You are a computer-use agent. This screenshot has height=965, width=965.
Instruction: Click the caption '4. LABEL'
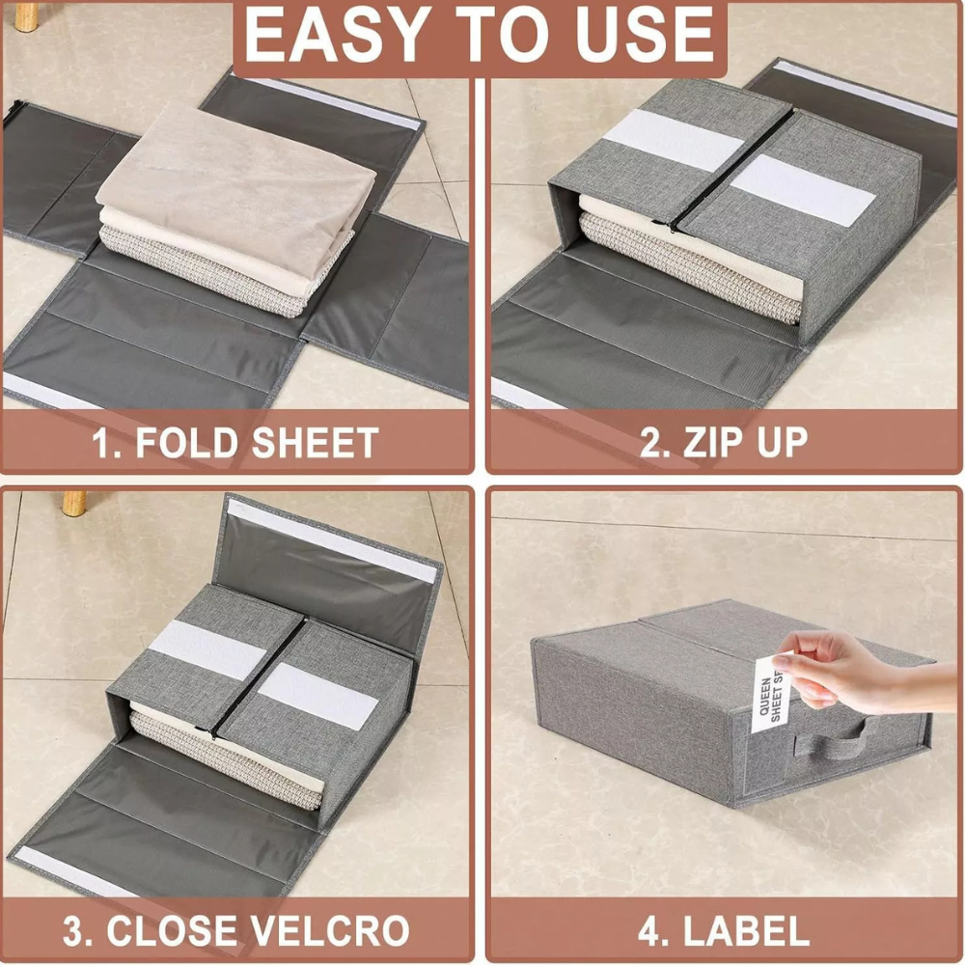tap(724, 932)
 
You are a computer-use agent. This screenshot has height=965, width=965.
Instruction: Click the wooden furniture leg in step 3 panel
tap(74, 502)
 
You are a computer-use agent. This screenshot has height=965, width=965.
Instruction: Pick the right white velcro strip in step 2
tap(801, 189)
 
